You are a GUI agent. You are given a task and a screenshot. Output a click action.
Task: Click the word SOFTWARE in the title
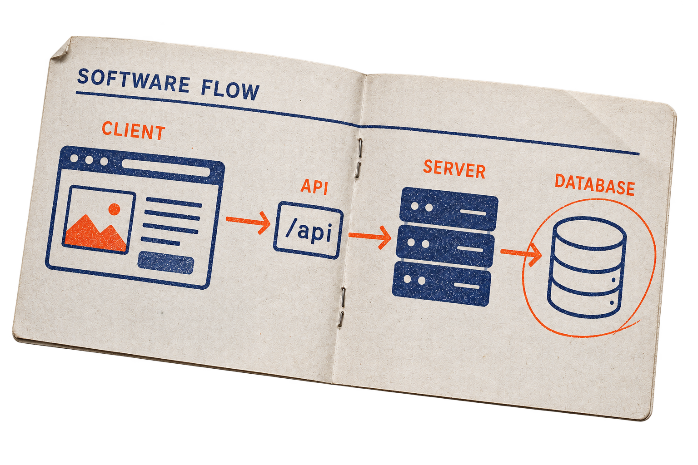point(133,81)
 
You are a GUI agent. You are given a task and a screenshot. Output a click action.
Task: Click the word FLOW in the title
point(230,90)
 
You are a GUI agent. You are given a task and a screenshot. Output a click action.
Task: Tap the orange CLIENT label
point(134,130)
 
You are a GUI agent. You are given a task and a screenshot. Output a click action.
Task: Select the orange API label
point(314,187)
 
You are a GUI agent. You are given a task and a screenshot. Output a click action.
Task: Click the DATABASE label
point(595,185)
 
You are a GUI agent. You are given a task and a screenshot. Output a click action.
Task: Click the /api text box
point(309,230)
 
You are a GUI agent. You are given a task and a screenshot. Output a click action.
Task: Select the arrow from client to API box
point(249,222)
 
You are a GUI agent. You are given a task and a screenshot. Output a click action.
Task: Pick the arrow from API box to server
point(370,237)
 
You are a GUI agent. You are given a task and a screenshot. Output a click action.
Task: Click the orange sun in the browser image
point(114,209)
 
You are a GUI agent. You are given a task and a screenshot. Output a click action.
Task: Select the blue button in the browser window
point(166,263)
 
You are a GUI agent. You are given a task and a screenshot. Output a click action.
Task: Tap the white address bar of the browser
point(166,168)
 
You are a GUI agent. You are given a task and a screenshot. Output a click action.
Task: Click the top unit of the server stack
point(449,209)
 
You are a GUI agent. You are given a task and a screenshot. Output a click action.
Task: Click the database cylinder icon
point(587,267)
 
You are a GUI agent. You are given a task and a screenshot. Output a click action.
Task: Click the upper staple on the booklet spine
point(360,148)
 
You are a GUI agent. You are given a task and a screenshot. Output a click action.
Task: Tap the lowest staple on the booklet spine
point(341,319)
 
